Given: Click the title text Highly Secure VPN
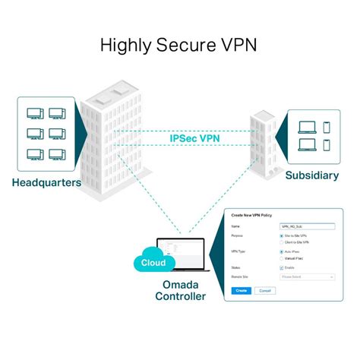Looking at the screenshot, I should tap(179, 45).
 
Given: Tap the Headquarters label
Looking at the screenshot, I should tap(46, 183).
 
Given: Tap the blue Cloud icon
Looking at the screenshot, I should tap(153, 262).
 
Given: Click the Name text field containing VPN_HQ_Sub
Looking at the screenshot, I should tap(307, 226).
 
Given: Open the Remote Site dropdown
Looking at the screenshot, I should tap(307, 277).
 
